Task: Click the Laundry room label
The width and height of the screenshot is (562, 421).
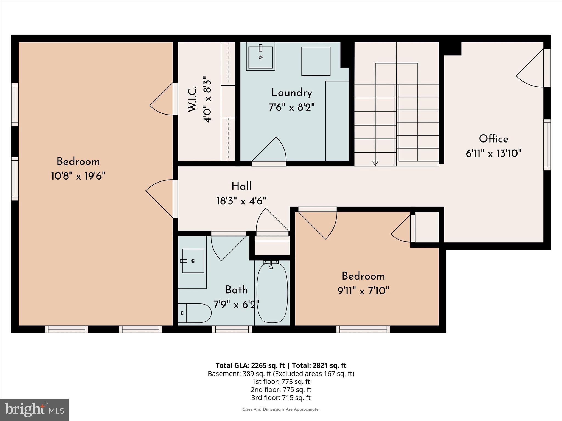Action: point(291,93)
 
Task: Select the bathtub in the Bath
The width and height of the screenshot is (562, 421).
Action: point(272,292)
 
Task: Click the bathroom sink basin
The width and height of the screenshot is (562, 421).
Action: point(193,261)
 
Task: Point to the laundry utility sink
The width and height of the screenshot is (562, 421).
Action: point(260,57)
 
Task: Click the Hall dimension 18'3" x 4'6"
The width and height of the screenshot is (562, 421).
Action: point(241,201)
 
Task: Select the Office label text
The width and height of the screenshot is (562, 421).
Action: point(493,139)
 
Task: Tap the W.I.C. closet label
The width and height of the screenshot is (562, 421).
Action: point(192,99)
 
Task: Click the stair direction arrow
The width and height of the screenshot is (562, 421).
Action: point(375,163)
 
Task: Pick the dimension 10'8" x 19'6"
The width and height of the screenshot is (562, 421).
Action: point(78,176)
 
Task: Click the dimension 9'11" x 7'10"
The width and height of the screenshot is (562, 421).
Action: point(363,291)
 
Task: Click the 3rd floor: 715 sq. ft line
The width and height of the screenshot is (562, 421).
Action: point(281,397)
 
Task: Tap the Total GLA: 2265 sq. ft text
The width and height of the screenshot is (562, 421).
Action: point(250,365)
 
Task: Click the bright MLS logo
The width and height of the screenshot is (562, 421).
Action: point(34,410)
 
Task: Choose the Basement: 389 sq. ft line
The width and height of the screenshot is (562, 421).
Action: point(281,374)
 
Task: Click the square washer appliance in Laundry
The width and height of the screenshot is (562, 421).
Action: point(316,61)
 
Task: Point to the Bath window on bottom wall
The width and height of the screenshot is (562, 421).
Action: point(232,329)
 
